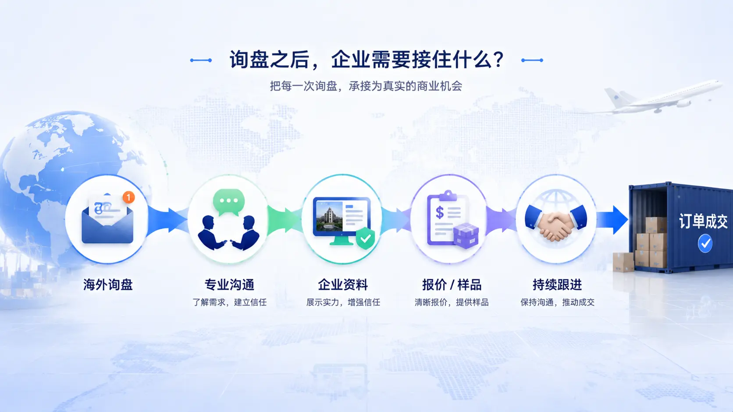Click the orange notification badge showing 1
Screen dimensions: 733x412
(x=128, y=197)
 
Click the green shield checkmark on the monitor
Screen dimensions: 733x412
(x=365, y=239)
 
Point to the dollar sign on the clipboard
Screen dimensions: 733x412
(x=440, y=212)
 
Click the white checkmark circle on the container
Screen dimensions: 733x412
(x=705, y=243)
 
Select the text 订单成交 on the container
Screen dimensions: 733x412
(x=703, y=221)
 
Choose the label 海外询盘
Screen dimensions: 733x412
(x=108, y=285)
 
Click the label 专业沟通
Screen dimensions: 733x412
(x=229, y=285)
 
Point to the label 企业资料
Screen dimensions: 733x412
(x=343, y=285)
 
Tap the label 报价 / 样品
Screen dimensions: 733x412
(x=451, y=285)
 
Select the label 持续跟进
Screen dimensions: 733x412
(x=557, y=285)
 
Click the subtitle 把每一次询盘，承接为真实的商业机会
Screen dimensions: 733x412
(x=366, y=86)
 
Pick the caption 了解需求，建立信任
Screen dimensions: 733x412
(x=229, y=303)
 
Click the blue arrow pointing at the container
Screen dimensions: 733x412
(x=612, y=220)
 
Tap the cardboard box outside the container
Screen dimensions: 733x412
(x=623, y=262)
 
